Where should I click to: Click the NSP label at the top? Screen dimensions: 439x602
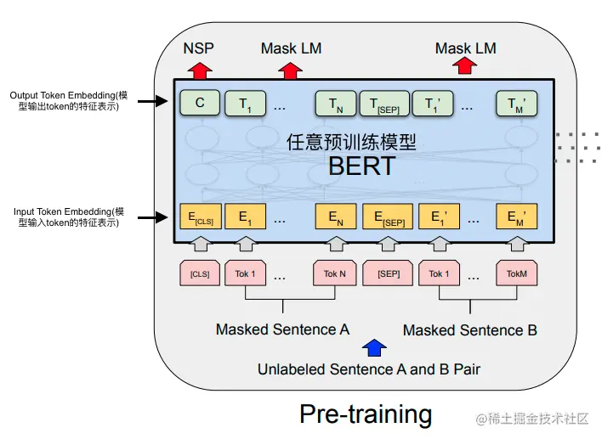pyautogui.click(x=199, y=48)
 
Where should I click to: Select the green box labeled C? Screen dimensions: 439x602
pyautogui.click(x=200, y=104)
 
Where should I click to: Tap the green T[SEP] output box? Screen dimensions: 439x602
pyautogui.click(x=384, y=104)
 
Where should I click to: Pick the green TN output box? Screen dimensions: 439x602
pyautogui.click(x=335, y=104)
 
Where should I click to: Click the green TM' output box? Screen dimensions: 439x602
pyautogui.click(x=517, y=104)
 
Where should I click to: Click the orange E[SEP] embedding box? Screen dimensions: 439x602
pyautogui.click(x=388, y=217)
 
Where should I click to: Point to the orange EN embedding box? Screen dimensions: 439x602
pyautogui.click(x=335, y=217)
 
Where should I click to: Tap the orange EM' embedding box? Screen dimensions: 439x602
pyautogui.click(x=517, y=217)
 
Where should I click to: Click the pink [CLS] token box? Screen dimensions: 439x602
pyautogui.click(x=200, y=273)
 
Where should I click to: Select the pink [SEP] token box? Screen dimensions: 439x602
pyautogui.click(x=388, y=273)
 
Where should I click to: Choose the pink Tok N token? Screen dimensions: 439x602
pyautogui.click(x=335, y=273)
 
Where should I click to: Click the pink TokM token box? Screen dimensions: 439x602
pyautogui.click(x=517, y=273)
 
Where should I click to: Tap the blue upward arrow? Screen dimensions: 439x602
pyautogui.click(x=373, y=346)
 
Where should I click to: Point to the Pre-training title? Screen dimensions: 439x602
pyautogui.click(x=366, y=414)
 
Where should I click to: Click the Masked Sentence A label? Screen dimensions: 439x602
pyautogui.click(x=282, y=329)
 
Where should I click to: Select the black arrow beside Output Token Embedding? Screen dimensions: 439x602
pyautogui.click(x=151, y=102)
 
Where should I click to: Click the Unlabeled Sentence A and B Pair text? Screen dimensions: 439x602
pyautogui.click(x=369, y=369)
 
